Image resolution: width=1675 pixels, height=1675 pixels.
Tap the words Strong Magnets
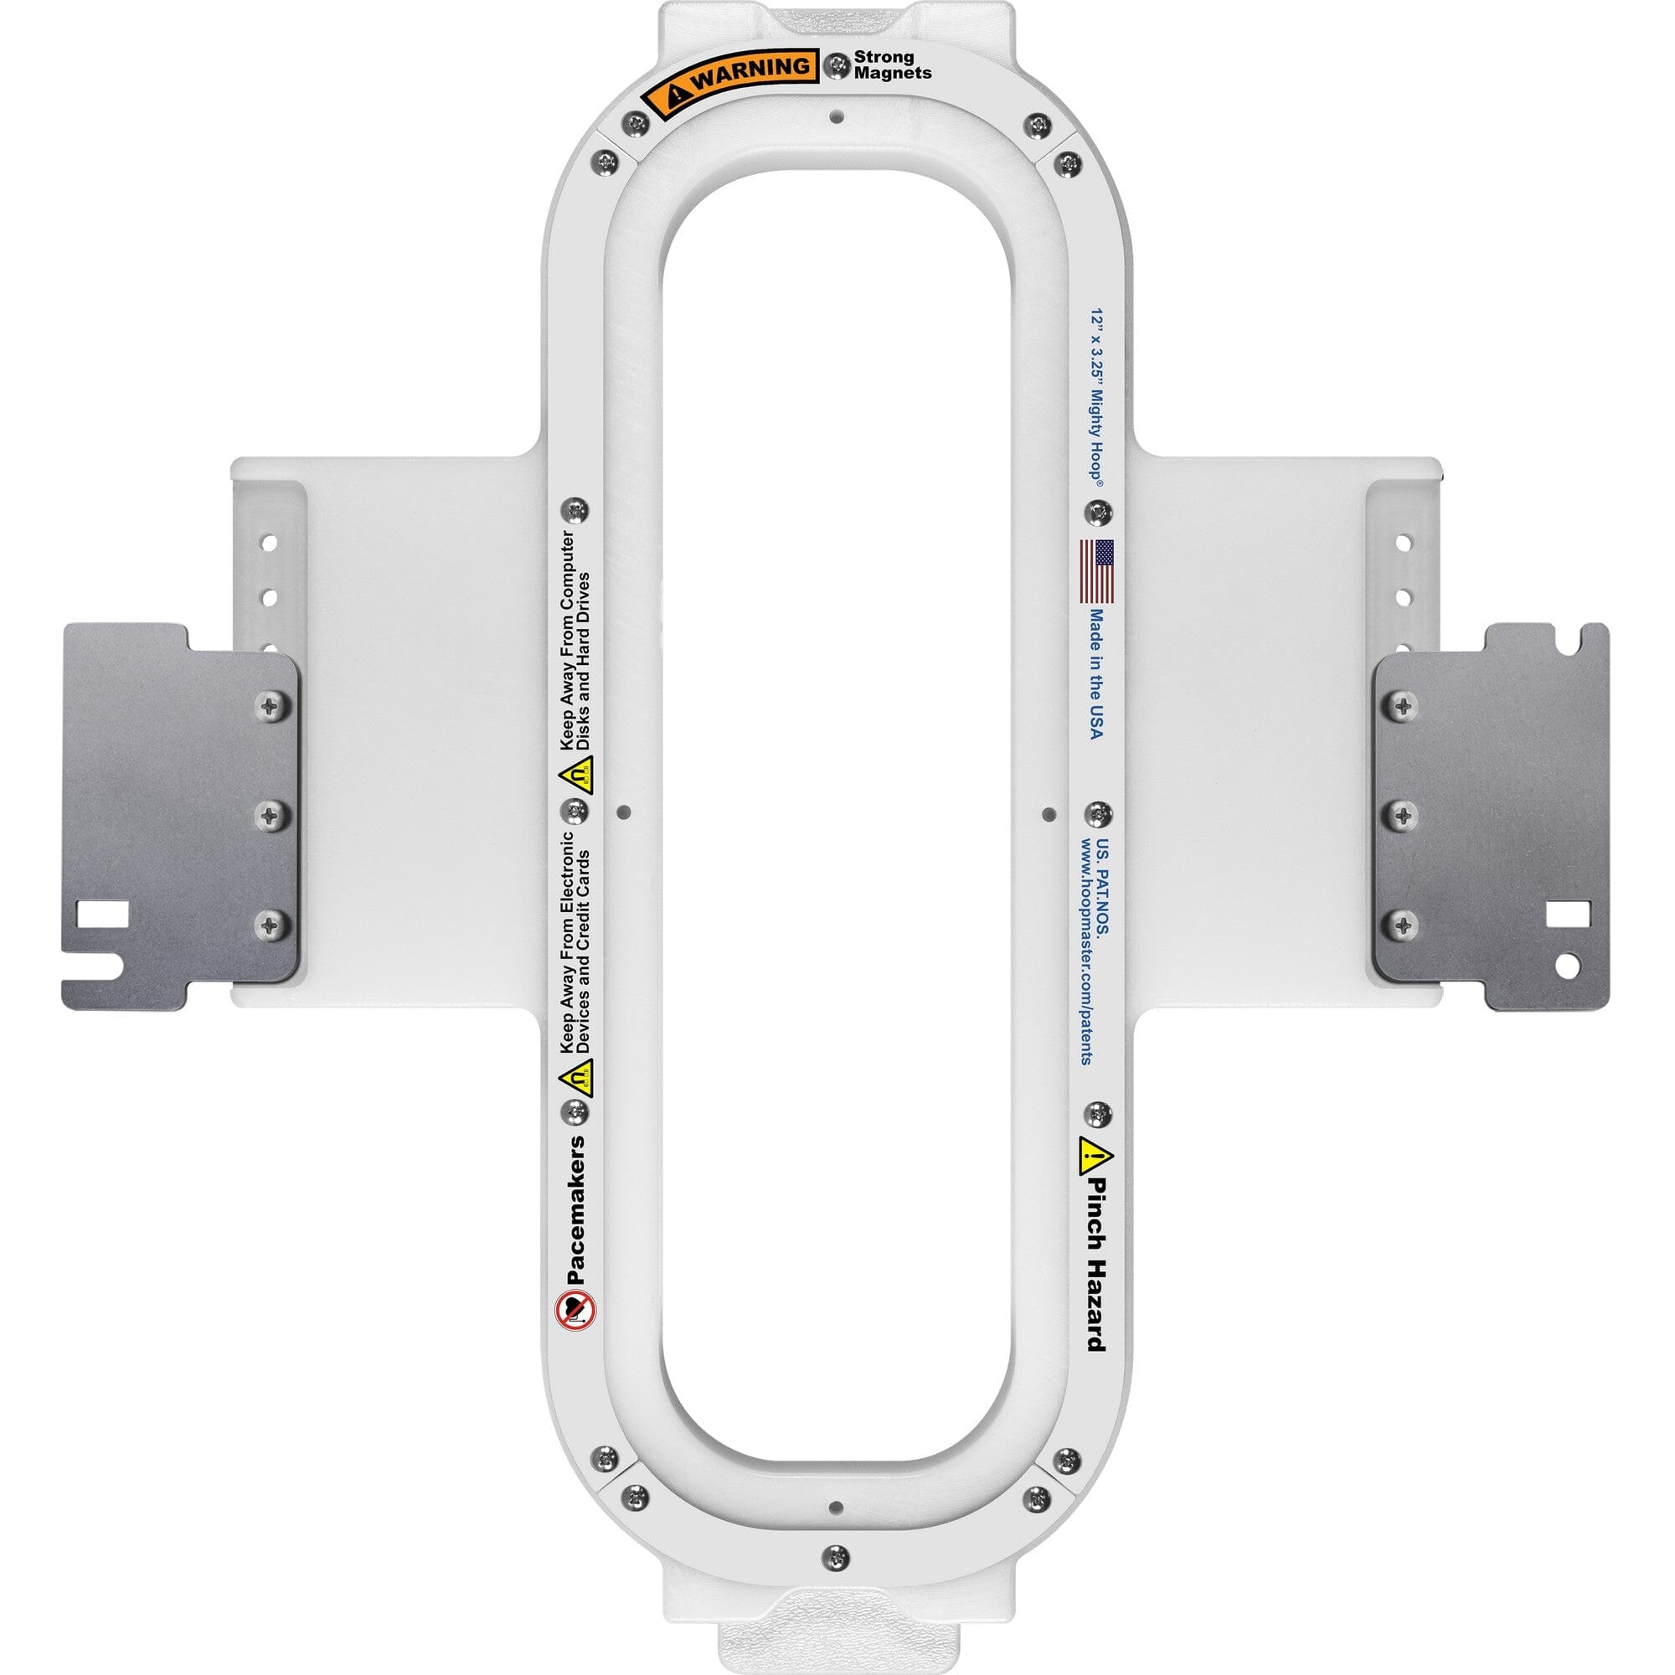point(892,65)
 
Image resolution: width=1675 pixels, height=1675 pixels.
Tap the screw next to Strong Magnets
point(837,64)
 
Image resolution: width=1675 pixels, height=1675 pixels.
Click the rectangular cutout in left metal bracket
point(101,913)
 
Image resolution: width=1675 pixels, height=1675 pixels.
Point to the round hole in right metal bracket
point(1568,962)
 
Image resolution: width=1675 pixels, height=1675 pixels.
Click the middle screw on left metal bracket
point(274,814)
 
